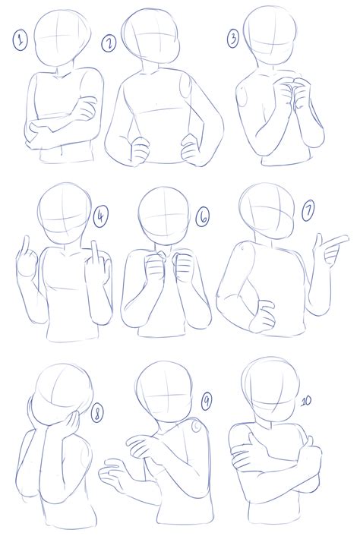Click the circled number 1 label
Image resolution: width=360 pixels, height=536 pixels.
point(21,41)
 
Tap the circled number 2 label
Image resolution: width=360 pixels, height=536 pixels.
point(109,44)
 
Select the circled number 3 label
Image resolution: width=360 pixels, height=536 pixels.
point(233,38)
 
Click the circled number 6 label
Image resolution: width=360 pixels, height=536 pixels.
point(203,217)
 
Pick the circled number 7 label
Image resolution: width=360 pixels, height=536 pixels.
point(308,211)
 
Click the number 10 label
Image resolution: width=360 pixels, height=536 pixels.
point(306,401)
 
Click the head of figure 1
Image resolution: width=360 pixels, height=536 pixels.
point(62,38)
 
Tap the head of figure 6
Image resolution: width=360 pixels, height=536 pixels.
point(164,216)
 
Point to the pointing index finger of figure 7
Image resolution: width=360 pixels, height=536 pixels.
point(336,240)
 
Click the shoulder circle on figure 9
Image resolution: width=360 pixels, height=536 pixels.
point(197,426)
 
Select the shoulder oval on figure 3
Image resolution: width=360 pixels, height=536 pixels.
point(244,96)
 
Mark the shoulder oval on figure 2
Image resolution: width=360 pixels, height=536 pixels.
point(185,87)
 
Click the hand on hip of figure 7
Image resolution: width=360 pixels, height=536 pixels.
point(263,316)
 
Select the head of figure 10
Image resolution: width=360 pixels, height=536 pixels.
point(270,389)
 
